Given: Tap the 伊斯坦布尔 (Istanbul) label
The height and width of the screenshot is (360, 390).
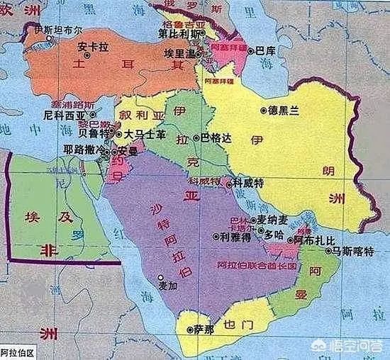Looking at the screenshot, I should click(54, 31).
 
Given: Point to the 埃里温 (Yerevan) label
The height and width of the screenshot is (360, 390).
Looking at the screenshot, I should click(179, 52).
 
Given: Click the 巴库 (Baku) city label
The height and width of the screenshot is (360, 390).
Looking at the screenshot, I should click(265, 51).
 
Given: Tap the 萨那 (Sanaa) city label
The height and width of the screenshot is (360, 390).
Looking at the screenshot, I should click(204, 330).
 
